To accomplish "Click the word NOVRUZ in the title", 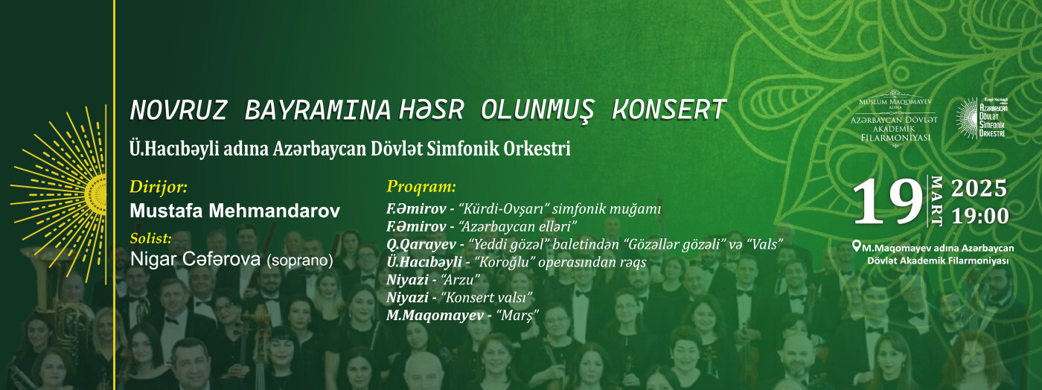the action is (178, 110).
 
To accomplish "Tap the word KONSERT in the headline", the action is (668, 110).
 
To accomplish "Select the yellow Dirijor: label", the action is (159, 187).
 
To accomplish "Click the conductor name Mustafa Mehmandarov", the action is (235, 211).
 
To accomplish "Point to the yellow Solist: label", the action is (150, 238).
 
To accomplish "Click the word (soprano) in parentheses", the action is (299, 260).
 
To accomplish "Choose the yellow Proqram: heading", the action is (421, 187).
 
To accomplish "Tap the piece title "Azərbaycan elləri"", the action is (518, 227).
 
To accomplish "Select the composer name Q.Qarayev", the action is (421, 244).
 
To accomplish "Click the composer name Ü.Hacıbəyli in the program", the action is (424, 262).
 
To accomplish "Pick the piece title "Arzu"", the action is (460, 280).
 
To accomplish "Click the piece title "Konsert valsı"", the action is (486, 298).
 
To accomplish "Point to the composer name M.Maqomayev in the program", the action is (435, 316).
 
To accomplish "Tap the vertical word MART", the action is (936, 201).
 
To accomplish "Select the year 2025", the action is (979, 188).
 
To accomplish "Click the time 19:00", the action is (980, 217).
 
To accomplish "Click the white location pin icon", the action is (857, 246).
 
